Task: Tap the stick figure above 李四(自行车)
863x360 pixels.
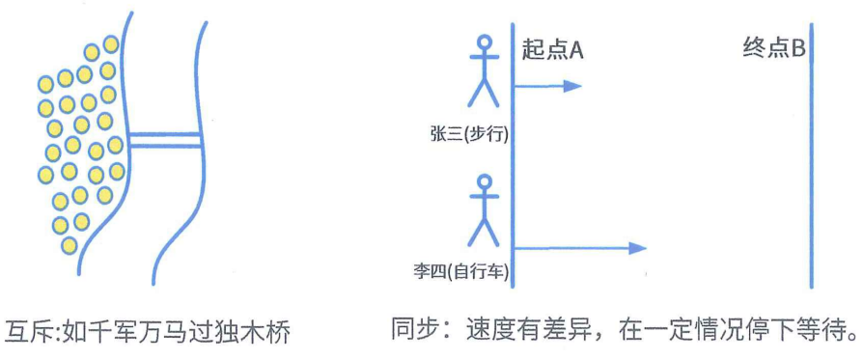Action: coord(484,211)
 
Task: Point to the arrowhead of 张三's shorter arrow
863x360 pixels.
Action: coord(572,86)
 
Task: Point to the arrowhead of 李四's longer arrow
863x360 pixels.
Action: coord(635,248)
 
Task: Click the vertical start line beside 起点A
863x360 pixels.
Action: coord(512,164)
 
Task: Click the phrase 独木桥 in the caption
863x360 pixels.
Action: coord(258,331)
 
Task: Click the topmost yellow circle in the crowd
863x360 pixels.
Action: coord(111,44)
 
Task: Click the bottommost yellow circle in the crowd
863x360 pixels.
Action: coord(69,245)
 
